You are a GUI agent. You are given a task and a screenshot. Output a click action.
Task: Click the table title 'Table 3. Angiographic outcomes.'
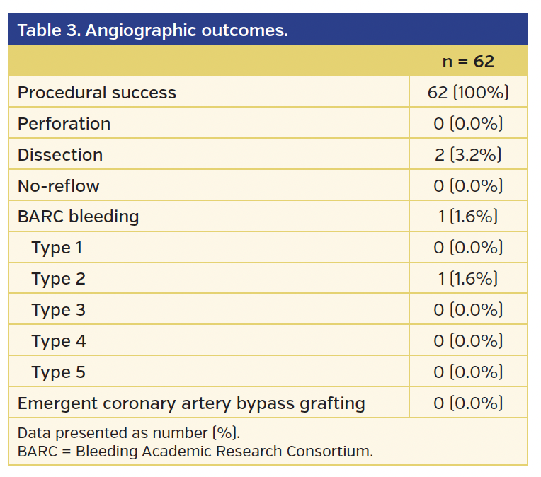pyautogui.click(x=152, y=30)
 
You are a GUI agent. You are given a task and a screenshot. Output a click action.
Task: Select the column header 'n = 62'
pyautogui.click(x=468, y=62)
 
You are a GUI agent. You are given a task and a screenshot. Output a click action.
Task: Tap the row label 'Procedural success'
pyautogui.click(x=97, y=93)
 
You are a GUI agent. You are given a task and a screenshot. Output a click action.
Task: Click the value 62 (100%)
pyautogui.click(x=468, y=93)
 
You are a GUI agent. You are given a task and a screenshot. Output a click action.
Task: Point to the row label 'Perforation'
pyautogui.click(x=64, y=124)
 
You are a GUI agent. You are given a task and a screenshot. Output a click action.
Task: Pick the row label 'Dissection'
pyautogui.click(x=60, y=155)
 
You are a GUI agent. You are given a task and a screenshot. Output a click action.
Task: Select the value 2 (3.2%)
pyautogui.click(x=468, y=155)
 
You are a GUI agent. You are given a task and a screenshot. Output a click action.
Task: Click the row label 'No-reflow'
pyautogui.click(x=59, y=186)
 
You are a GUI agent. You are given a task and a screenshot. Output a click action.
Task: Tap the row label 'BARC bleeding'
pyautogui.click(x=79, y=217)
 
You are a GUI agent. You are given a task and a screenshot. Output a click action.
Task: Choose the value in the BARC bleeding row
pyautogui.click(x=468, y=217)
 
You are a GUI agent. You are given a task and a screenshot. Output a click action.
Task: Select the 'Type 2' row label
pyautogui.click(x=58, y=279)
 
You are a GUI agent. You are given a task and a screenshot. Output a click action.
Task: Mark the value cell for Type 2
pyautogui.click(x=468, y=279)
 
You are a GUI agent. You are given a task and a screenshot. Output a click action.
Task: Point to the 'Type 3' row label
pyautogui.click(x=58, y=310)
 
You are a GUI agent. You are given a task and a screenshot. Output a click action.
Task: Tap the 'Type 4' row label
pyautogui.click(x=58, y=341)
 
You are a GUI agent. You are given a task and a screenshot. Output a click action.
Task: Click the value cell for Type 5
pyautogui.click(x=468, y=372)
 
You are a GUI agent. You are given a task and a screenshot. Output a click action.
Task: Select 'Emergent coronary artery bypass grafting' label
pyautogui.click(x=191, y=403)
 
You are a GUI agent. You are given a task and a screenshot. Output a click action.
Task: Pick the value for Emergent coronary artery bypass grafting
pyautogui.click(x=468, y=403)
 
